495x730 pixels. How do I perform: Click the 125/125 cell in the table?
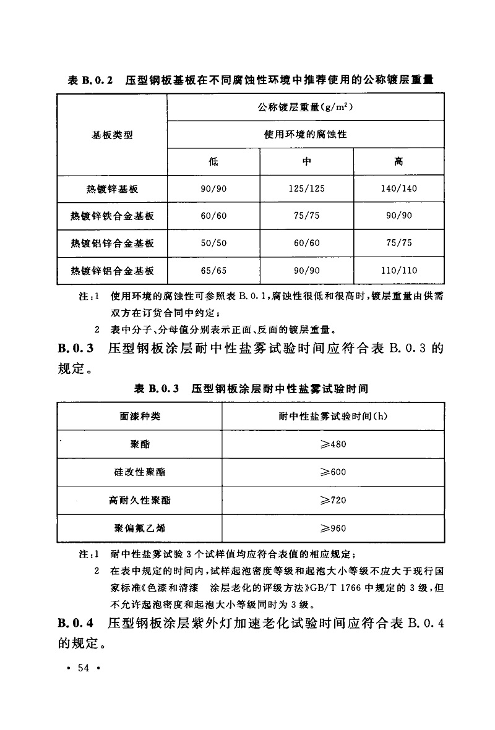point(306,189)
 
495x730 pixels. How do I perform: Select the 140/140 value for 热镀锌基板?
point(399,189)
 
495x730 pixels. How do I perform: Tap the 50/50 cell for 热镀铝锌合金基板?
point(213,243)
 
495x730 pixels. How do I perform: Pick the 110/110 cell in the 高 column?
point(399,270)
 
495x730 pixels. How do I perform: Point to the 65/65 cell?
point(213,270)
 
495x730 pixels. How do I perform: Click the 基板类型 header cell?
point(112,134)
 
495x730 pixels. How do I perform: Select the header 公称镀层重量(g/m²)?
point(306,107)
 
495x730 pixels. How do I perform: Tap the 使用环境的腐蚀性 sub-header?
point(306,134)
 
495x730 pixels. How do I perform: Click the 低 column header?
point(213,161)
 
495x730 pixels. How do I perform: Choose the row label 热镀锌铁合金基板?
point(112,216)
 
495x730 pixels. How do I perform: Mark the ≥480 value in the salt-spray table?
point(333,444)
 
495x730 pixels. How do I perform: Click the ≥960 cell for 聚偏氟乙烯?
point(333,528)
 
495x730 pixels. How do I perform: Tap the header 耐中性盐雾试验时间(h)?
point(333,416)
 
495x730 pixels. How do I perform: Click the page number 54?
point(84,668)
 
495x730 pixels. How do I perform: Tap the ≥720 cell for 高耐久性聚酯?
point(333,500)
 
